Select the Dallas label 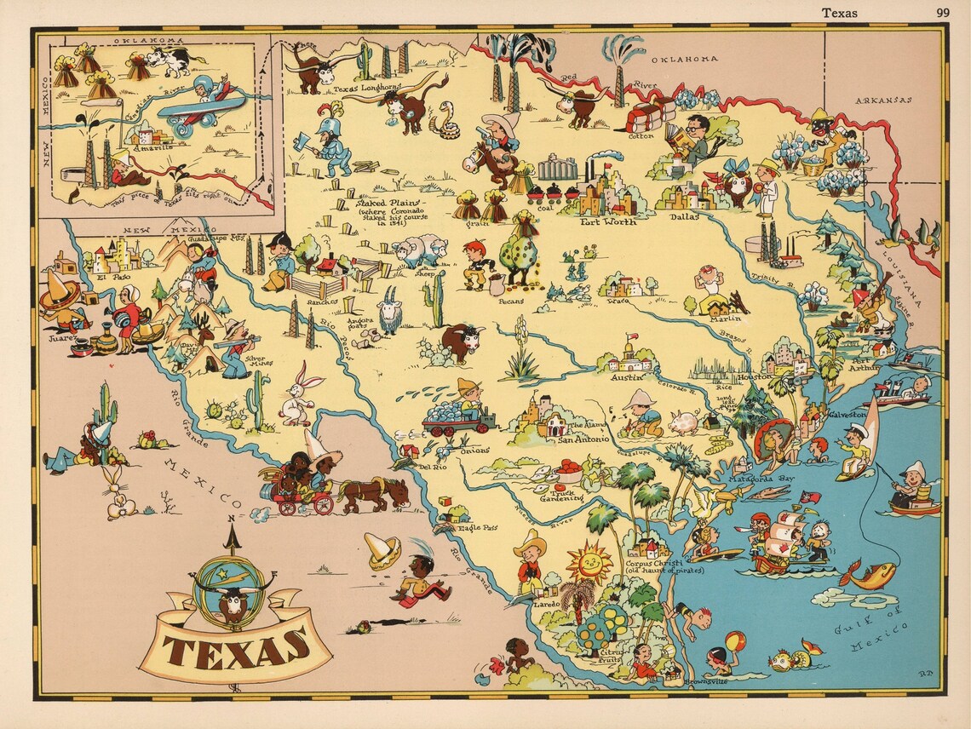point(683,216)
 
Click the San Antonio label point(583,440)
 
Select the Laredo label point(546,603)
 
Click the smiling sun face point(589,564)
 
